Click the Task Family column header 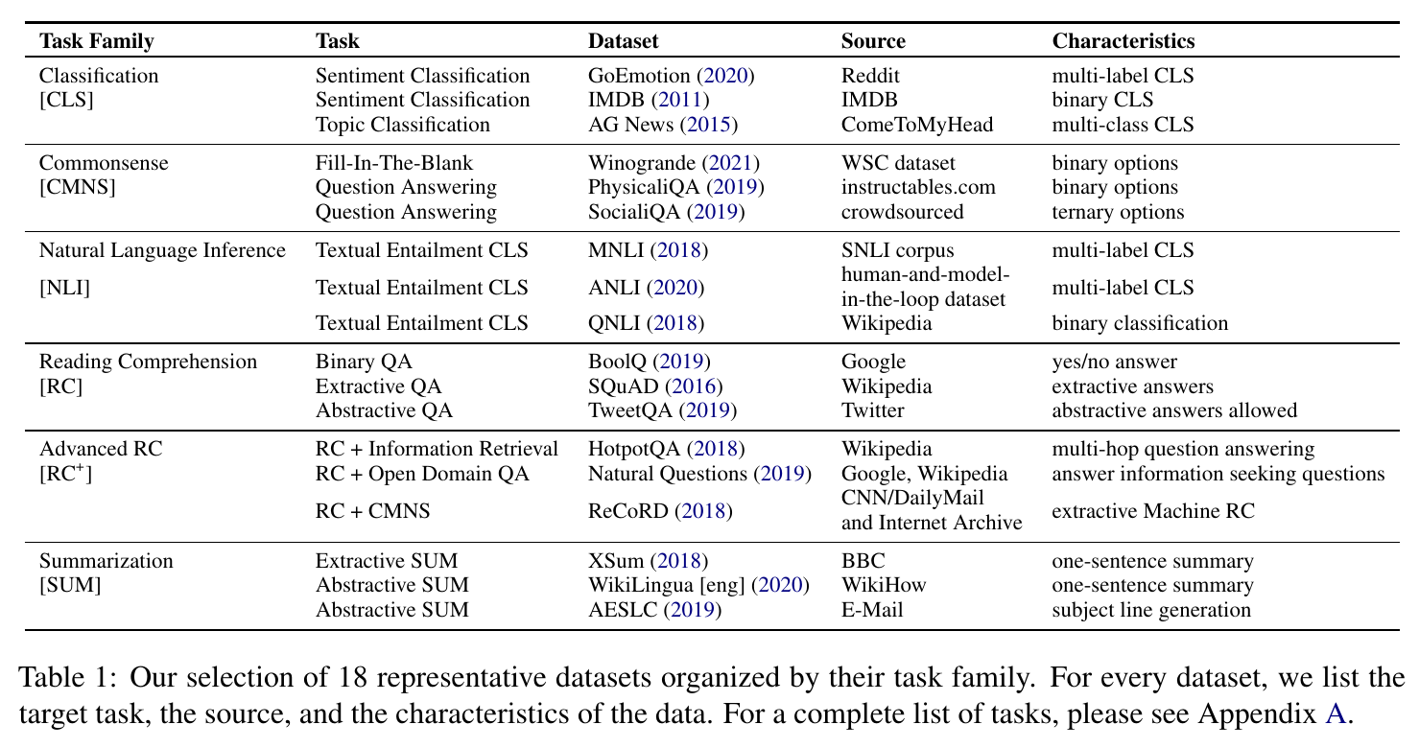coord(96,41)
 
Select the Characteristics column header coord(1123,41)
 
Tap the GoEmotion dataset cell coord(671,76)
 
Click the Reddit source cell coord(870,76)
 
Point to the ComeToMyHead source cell coord(916,125)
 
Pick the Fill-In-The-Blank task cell coord(394,163)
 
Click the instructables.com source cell coord(918,187)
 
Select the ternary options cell coord(1118,212)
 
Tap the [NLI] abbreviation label coord(64,289)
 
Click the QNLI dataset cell coord(646,323)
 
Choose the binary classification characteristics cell coord(1140,323)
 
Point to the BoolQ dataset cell coord(650,362)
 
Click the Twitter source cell coord(872,410)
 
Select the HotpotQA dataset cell coord(667,449)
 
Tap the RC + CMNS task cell coord(372,511)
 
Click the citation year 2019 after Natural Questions coord(782,474)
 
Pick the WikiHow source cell coord(884,585)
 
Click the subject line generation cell coord(1151,610)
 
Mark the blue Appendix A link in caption coord(1335,713)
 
